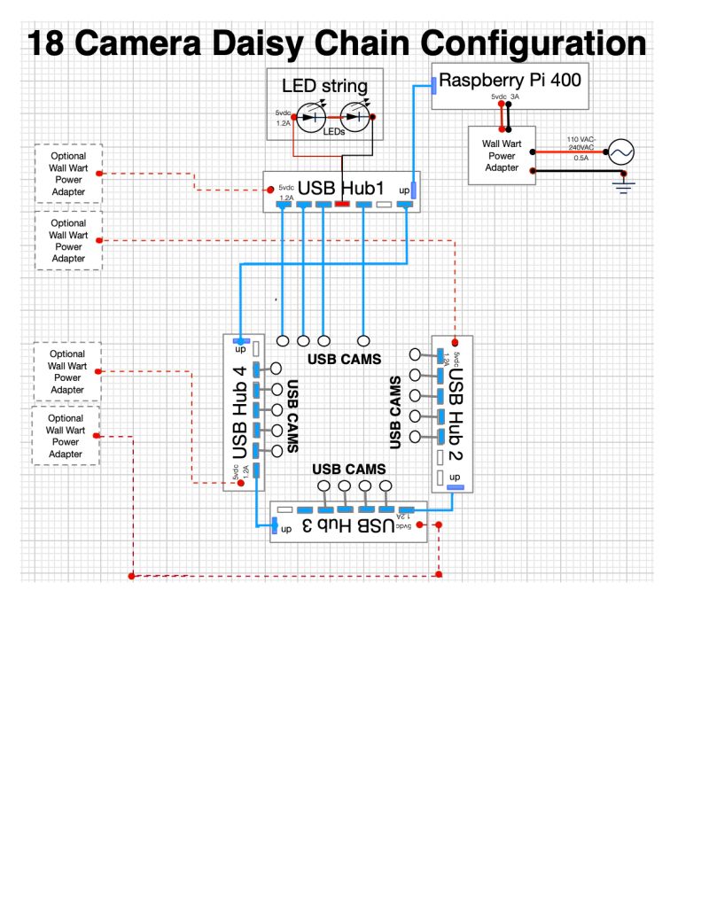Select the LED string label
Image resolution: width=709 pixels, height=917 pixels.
(324, 86)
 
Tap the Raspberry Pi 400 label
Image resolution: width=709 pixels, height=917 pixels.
(510, 81)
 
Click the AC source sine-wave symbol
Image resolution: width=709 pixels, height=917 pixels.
(619, 152)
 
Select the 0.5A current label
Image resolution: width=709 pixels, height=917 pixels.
(580, 159)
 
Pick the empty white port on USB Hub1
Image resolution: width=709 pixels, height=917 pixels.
(384, 206)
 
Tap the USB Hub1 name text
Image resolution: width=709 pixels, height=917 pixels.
(340, 188)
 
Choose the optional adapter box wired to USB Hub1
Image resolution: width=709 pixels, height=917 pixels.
(68, 174)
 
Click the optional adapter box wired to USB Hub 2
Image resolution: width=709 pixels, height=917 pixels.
(68, 241)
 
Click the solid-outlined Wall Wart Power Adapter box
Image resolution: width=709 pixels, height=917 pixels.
(502, 155)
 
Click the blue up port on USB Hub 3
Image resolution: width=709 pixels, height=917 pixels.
(274, 526)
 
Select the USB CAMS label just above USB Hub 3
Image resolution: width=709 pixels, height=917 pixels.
(348, 469)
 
